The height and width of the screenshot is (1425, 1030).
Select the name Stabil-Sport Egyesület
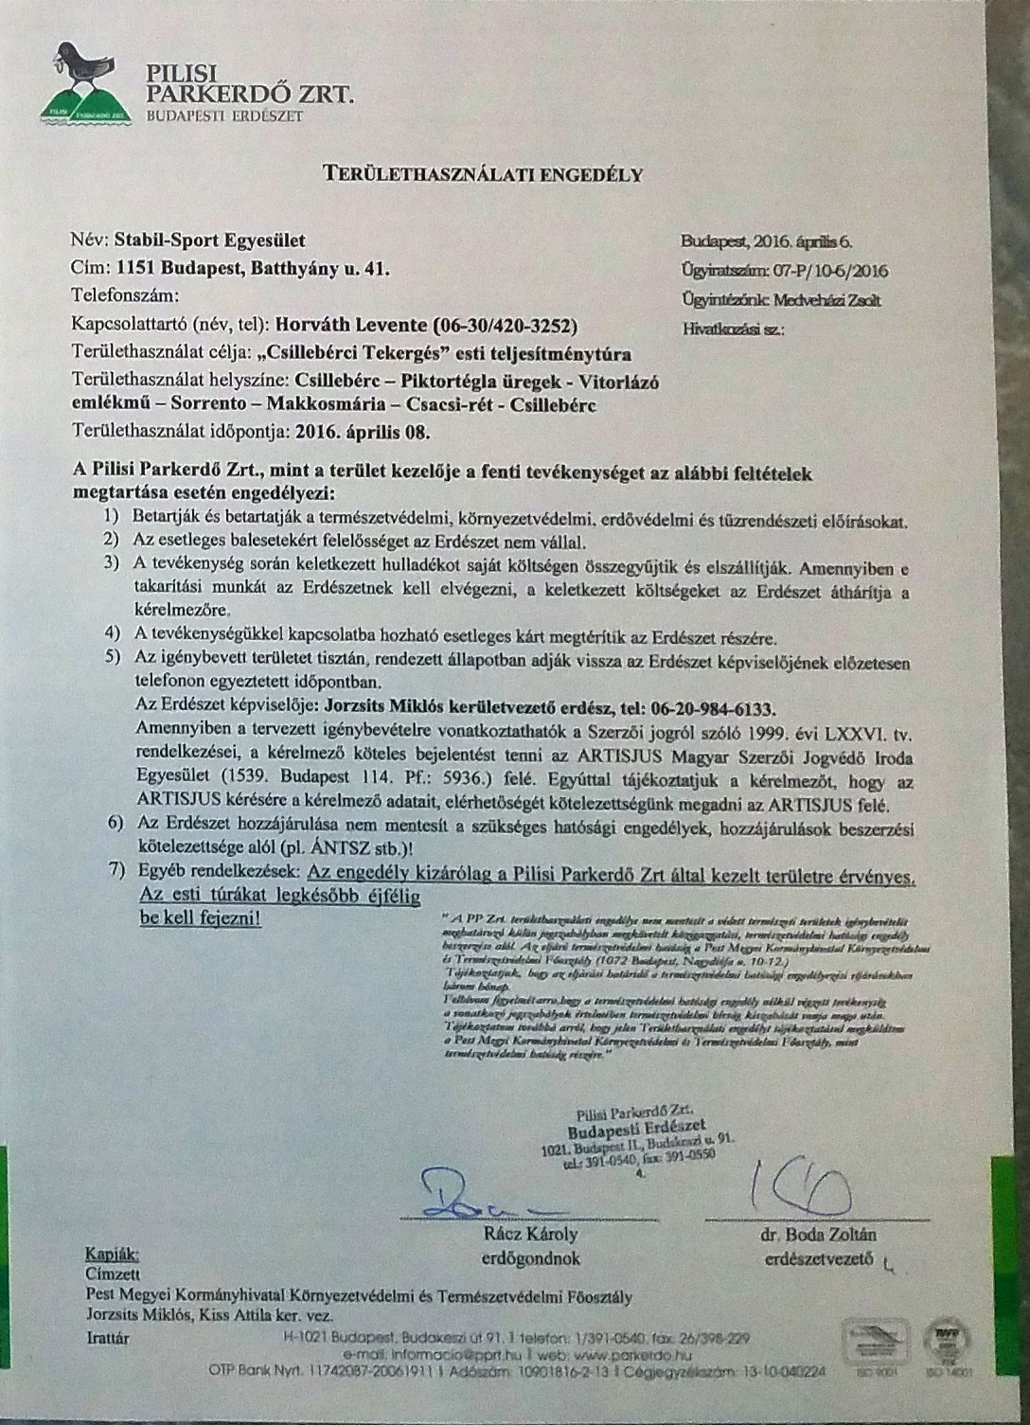[x=210, y=241]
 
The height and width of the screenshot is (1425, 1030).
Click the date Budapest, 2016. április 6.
[x=768, y=242]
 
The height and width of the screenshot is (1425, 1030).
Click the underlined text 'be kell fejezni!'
[x=200, y=918]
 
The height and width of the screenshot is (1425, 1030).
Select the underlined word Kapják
[x=111, y=1256]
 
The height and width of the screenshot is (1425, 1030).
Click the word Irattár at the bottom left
[x=107, y=1339]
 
